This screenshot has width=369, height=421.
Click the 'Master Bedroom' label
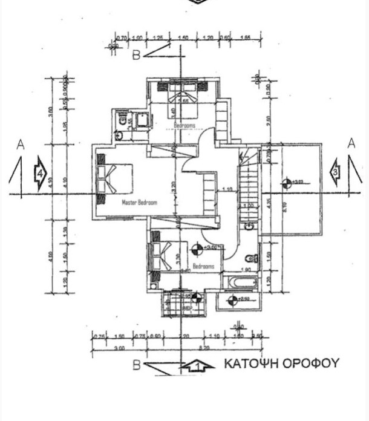point(140,203)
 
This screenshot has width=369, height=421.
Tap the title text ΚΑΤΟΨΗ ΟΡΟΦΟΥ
point(282,364)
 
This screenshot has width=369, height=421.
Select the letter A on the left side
point(20,145)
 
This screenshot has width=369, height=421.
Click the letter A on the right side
point(351,143)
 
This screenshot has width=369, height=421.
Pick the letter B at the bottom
point(138,365)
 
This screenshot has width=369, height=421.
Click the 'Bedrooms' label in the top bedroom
point(184,125)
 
